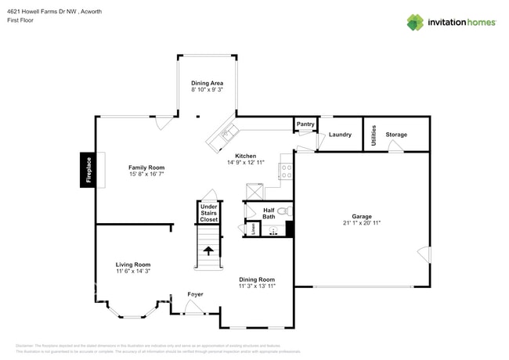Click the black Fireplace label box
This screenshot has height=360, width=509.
88,170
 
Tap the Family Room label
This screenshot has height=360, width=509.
146,167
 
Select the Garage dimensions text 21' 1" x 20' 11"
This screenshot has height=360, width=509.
361,223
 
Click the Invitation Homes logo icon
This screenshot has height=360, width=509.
415,22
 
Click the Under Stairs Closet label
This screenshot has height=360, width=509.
208,213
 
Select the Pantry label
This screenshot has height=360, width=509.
305,124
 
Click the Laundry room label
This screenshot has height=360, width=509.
340,135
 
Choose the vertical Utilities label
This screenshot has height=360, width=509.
374,134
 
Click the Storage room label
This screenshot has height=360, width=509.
396,135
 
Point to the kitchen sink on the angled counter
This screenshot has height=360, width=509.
228,133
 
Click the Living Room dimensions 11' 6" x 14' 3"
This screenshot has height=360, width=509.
133,272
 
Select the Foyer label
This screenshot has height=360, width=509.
195,294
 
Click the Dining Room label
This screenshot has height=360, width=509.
257,279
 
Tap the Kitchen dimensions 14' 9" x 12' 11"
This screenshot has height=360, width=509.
246,163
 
